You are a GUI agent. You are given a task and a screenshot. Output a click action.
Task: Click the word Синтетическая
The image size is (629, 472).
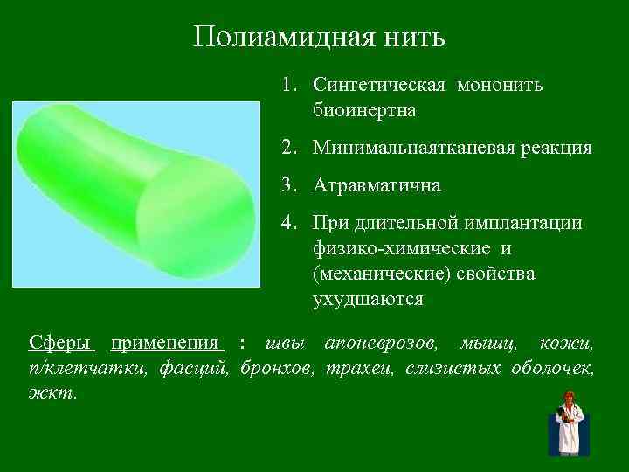379,86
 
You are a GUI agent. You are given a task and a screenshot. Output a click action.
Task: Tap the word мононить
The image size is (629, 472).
500,86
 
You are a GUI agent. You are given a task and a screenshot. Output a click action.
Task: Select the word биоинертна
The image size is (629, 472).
363,111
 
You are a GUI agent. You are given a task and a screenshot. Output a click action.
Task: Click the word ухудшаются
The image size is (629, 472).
368,299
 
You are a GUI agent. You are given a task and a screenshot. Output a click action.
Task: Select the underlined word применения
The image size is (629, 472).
167,342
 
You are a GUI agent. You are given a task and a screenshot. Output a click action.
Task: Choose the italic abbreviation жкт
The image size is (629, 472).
52,392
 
